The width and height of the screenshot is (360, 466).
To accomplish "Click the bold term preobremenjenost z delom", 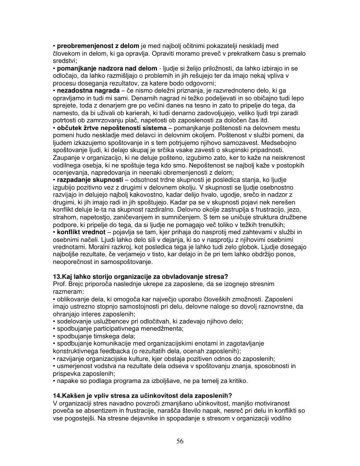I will coord(97,46).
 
